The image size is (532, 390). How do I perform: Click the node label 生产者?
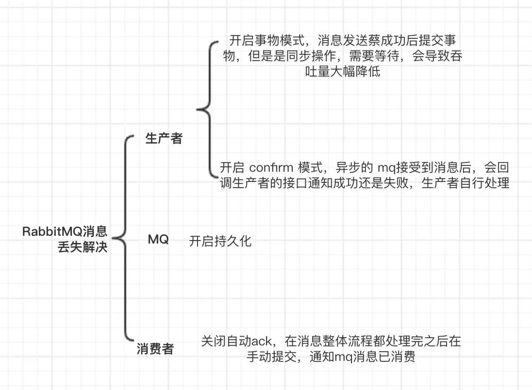(164, 138)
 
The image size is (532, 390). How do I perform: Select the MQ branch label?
(158, 239)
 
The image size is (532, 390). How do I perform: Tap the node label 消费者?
(155, 349)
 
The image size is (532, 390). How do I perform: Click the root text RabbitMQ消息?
(65, 231)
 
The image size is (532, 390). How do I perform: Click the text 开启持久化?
(220, 241)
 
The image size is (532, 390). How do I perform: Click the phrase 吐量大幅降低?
(339, 73)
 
